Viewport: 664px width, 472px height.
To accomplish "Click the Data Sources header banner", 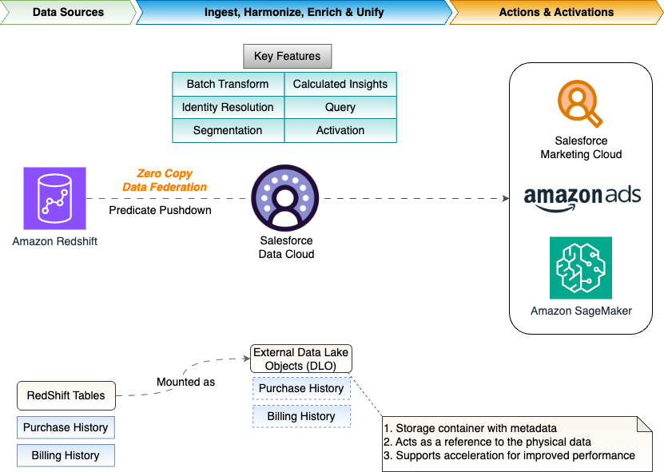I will click(67, 12).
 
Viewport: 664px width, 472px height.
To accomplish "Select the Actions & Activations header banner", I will click(556, 12).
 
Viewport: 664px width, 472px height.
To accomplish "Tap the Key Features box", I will click(287, 57).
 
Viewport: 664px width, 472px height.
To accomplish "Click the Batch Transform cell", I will click(228, 84).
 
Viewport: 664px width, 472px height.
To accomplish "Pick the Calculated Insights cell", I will click(340, 84).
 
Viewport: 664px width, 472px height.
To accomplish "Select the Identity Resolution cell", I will click(228, 107).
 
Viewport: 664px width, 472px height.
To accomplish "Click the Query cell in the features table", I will click(340, 107).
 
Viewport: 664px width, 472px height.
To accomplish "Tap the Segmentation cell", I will click(228, 130).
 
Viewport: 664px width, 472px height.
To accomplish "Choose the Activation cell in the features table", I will click(340, 130).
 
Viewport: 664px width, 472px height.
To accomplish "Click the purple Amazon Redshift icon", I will click(54, 197).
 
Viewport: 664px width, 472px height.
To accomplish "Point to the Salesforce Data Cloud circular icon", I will click(285, 198).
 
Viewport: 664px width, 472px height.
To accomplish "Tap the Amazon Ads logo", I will click(582, 197).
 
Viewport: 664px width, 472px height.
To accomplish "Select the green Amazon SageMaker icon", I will click(581, 268).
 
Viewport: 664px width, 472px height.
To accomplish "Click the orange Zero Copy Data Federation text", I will click(165, 180).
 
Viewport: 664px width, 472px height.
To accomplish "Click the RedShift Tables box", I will click(66, 395).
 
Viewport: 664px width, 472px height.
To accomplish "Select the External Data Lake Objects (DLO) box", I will click(301, 359).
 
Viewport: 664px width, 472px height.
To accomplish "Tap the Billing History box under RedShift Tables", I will click(66, 455).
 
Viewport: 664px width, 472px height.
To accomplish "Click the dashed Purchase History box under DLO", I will click(301, 388).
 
